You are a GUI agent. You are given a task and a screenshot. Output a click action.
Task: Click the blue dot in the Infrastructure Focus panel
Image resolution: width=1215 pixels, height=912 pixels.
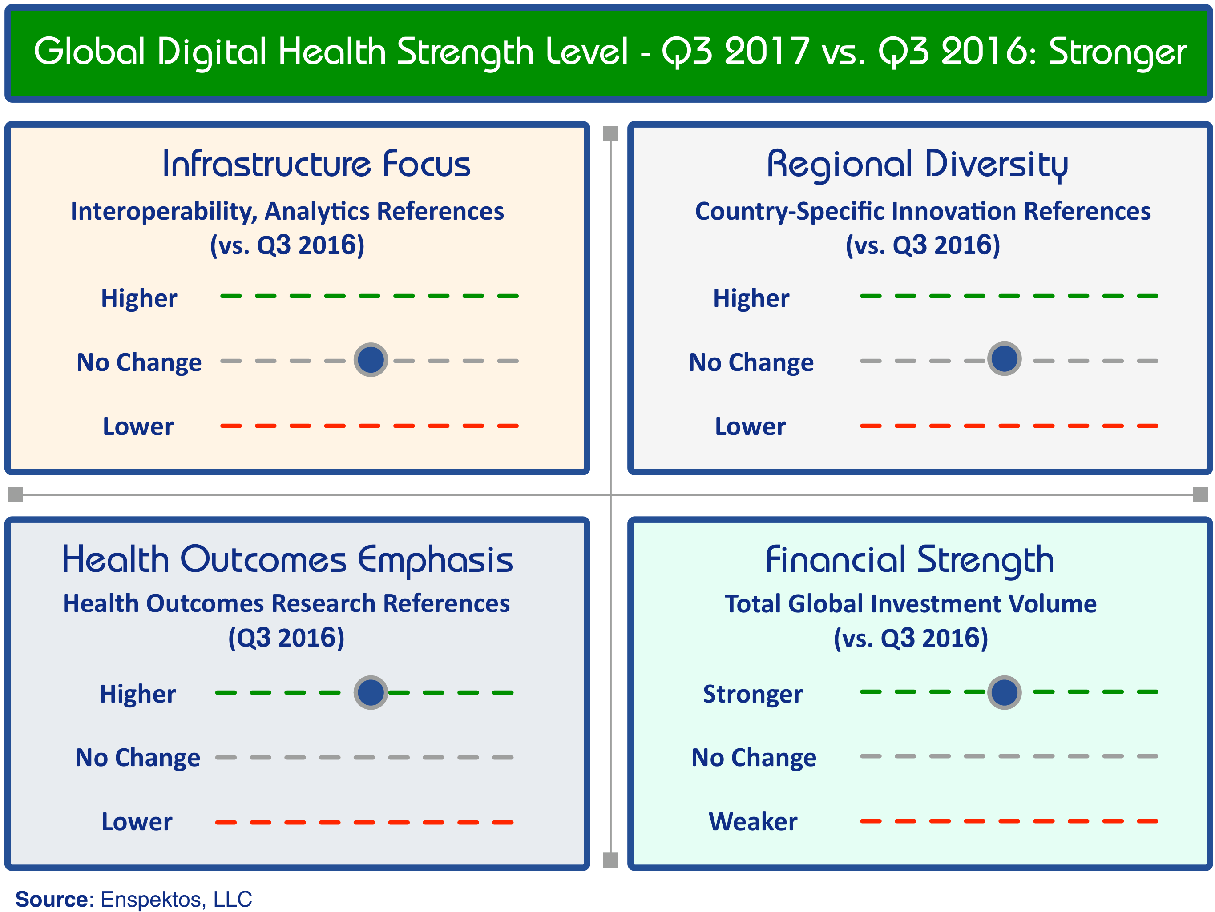tap(371, 360)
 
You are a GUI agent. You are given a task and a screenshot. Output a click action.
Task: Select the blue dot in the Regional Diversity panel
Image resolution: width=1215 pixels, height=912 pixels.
tap(1004, 359)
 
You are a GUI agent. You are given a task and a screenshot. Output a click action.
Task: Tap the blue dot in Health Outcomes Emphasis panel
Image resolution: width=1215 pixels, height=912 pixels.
tap(371, 692)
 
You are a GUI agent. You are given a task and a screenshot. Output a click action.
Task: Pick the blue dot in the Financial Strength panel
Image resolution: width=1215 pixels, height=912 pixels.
tap(1004, 692)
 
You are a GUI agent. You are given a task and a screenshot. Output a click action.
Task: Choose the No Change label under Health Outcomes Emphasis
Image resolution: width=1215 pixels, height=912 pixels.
tap(137, 758)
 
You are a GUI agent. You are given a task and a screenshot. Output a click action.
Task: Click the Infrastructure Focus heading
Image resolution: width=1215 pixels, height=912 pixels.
tap(316, 164)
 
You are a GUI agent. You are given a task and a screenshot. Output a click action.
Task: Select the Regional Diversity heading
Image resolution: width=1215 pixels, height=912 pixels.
tap(917, 165)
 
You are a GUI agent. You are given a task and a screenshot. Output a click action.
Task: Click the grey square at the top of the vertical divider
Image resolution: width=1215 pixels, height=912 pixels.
tap(610, 133)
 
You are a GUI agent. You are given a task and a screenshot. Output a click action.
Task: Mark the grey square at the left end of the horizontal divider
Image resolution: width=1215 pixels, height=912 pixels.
tap(15, 495)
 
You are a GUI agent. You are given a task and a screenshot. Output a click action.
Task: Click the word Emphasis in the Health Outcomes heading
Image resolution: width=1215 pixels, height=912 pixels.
tap(435, 561)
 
